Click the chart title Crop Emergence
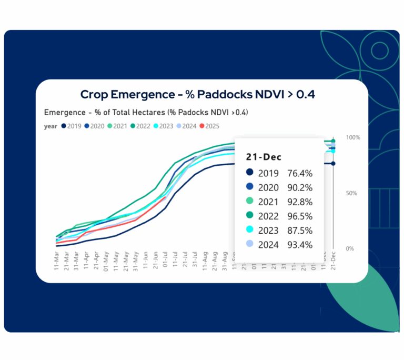[x=201, y=95]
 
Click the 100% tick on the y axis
[x=353, y=137]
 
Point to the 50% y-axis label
[x=351, y=193]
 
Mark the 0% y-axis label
[x=349, y=248]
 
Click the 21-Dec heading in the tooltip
[x=264, y=157]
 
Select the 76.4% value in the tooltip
[x=300, y=173]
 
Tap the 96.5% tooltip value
[x=300, y=216]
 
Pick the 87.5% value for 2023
[x=300, y=230]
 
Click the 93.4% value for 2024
[x=300, y=245]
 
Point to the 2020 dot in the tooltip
[x=250, y=187]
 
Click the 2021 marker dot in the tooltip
[x=250, y=202]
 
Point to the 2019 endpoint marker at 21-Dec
[x=334, y=164]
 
